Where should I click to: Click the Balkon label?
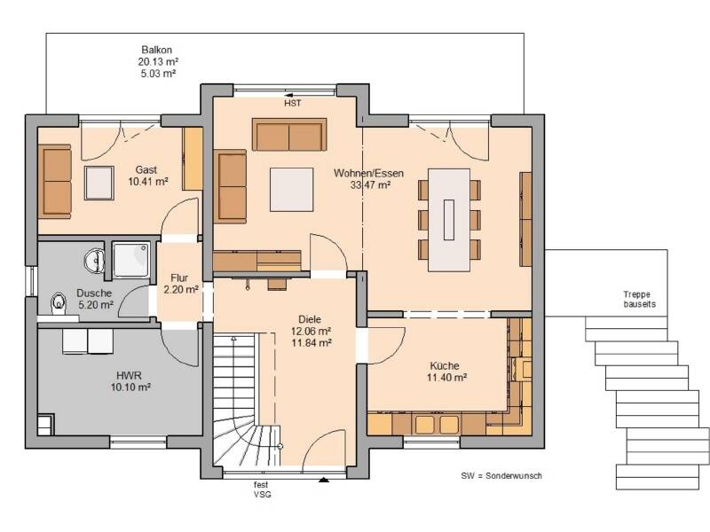[157, 50]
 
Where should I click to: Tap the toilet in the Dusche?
[58, 301]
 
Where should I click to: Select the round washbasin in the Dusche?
[95, 261]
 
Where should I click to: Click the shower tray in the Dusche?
[130, 260]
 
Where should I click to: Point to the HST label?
[293, 104]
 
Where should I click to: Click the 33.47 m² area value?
[370, 184]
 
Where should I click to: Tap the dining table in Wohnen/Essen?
[449, 220]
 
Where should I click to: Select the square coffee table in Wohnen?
[292, 190]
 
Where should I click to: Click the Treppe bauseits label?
[639, 300]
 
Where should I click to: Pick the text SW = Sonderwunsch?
[501, 476]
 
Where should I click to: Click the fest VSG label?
[262, 489]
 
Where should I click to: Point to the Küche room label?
[445, 365]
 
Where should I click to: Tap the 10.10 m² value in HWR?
[130, 387]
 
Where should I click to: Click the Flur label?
[179, 278]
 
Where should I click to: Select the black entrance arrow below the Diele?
[324, 480]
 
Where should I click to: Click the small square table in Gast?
[99, 183]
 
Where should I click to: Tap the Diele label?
[310, 319]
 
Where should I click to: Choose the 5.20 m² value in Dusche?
[96, 305]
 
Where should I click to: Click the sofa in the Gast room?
[56, 180]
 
